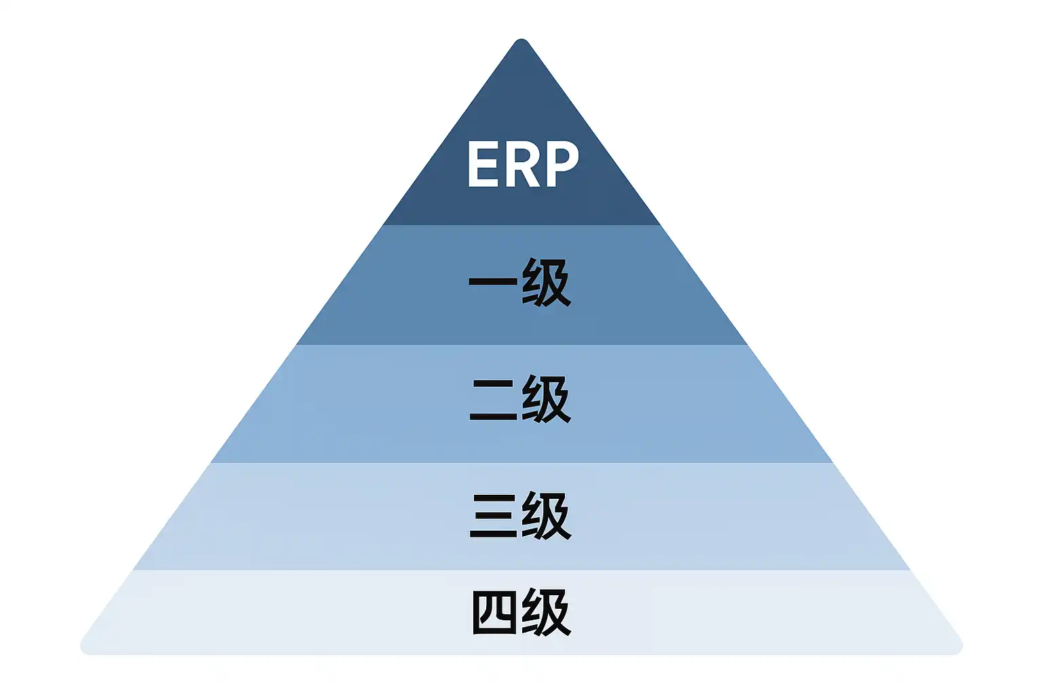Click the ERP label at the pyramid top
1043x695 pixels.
tap(522, 164)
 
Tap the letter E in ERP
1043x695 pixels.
tap(483, 164)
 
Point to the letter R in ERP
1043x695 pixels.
tap(521, 164)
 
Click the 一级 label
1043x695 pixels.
tap(520, 282)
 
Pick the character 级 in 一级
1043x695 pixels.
tap(547, 282)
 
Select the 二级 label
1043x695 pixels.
tap(520, 399)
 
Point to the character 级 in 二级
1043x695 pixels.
tap(547, 399)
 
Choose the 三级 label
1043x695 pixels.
tap(520, 516)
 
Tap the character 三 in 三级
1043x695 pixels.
tap(494, 516)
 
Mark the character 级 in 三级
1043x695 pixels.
tap(547, 516)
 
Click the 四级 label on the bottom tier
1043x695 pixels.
tap(520, 613)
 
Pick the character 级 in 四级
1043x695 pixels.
tap(547, 613)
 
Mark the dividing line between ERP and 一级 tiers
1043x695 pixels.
tap(521, 225)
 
